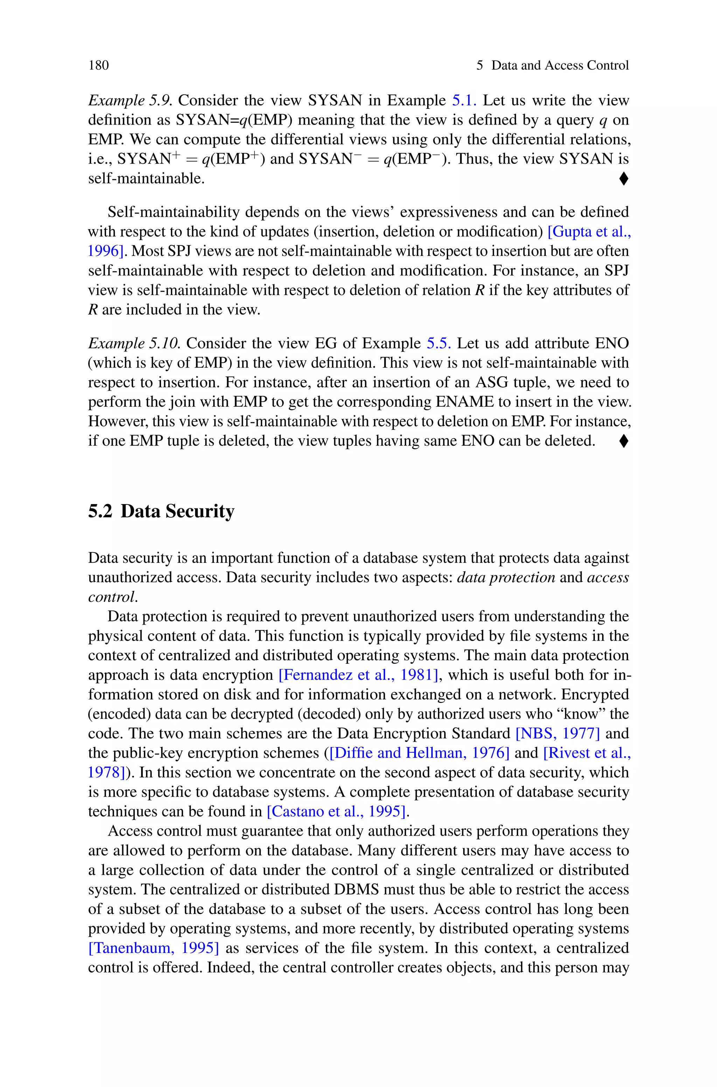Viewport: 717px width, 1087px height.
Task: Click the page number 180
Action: point(99,65)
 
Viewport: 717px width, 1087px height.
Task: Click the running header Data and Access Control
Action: point(560,65)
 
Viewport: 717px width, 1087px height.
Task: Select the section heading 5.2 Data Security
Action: point(161,511)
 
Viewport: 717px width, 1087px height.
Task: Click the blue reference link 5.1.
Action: point(464,100)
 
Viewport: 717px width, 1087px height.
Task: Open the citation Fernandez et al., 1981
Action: point(358,675)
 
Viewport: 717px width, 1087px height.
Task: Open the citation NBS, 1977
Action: point(557,734)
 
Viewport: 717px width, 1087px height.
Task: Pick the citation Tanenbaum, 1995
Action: point(154,948)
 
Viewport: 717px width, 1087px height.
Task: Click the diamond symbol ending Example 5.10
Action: point(623,441)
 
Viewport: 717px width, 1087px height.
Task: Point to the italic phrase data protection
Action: point(506,578)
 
